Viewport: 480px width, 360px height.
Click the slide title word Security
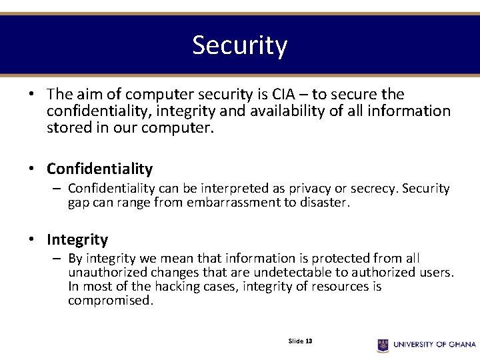click(240, 45)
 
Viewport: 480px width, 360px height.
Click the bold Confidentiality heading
click(99, 169)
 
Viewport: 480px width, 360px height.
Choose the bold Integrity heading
click(77, 239)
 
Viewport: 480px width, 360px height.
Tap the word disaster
click(324, 203)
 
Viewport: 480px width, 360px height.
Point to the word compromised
click(109, 301)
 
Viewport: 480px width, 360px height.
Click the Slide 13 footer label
click(300, 341)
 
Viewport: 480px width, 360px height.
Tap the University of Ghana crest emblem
click(383, 345)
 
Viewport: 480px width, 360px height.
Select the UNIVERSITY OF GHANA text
click(434, 345)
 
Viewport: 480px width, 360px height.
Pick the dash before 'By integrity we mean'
click(58, 259)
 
